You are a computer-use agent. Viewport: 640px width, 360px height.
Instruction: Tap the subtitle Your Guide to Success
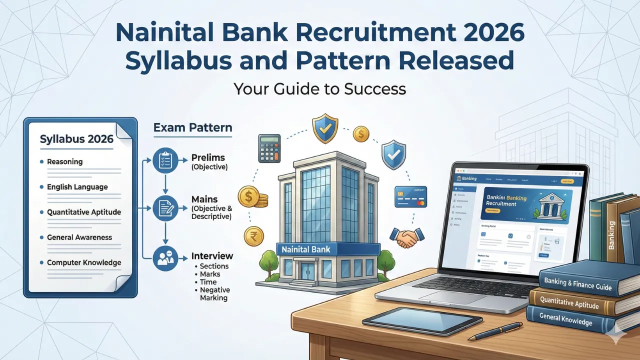tap(319, 88)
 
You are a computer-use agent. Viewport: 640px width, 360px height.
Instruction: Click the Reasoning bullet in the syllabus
tap(64, 162)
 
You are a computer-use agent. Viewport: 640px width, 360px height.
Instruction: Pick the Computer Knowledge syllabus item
tap(84, 262)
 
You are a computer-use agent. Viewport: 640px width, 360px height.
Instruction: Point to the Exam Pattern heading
tap(192, 128)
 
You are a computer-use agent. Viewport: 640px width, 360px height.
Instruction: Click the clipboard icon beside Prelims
tap(165, 159)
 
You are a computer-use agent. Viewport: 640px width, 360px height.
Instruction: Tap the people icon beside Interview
tap(165, 258)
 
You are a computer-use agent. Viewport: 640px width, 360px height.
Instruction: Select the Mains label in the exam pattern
tap(204, 199)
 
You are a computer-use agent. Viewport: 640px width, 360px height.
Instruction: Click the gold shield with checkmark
tap(325, 129)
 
